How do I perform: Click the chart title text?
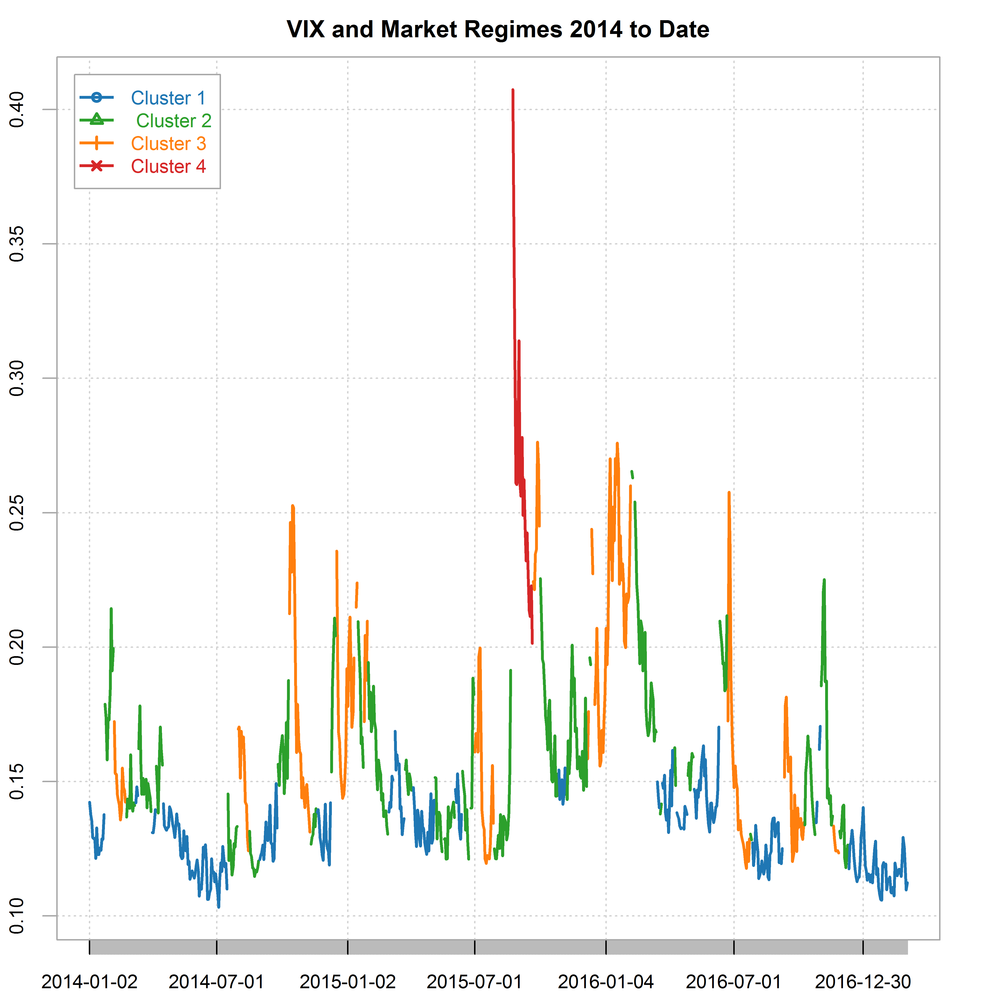[x=498, y=29]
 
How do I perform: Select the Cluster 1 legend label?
[x=168, y=98]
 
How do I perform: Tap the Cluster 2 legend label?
[x=173, y=121]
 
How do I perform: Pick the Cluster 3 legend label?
[x=168, y=143]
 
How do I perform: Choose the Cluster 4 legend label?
[x=168, y=166]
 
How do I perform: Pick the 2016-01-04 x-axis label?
[x=606, y=982]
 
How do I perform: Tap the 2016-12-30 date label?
[x=863, y=982]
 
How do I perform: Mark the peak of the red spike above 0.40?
[x=513, y=90]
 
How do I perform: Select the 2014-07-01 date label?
[x=217, y=982]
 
